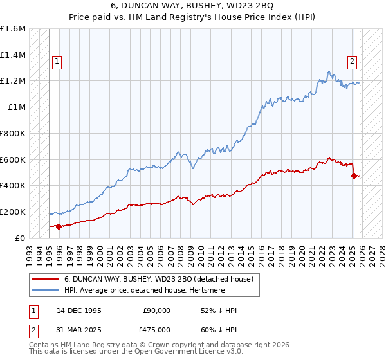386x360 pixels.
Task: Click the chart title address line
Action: point(193,6)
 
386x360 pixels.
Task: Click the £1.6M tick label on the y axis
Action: point(13,29)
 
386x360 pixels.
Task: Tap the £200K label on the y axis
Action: point(13,212)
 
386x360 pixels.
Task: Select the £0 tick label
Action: point(21,238)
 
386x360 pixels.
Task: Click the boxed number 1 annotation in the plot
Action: point(57,62)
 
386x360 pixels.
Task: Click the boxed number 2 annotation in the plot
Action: point(353,62)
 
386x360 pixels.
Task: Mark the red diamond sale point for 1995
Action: point(59,226)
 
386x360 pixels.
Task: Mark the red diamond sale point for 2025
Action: point(354,175)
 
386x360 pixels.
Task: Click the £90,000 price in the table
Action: point(157,310)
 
